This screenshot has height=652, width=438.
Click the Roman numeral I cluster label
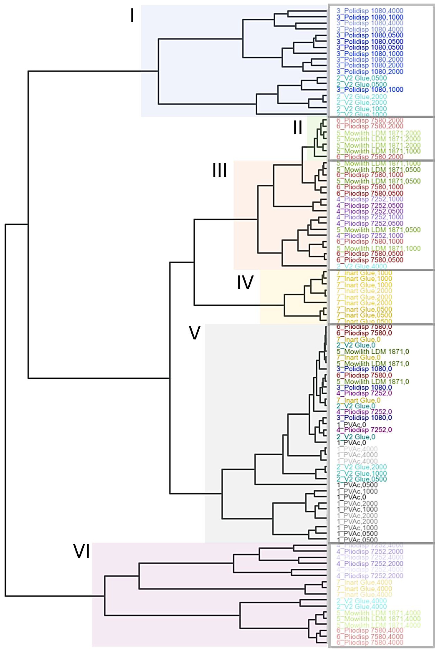pos(132,16)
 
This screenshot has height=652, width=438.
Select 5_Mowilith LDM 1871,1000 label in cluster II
pos(378,151)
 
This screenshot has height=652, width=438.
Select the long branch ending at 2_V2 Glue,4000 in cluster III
pos(304,266)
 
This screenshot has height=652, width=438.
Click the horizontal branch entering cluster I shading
pos(92,71)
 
